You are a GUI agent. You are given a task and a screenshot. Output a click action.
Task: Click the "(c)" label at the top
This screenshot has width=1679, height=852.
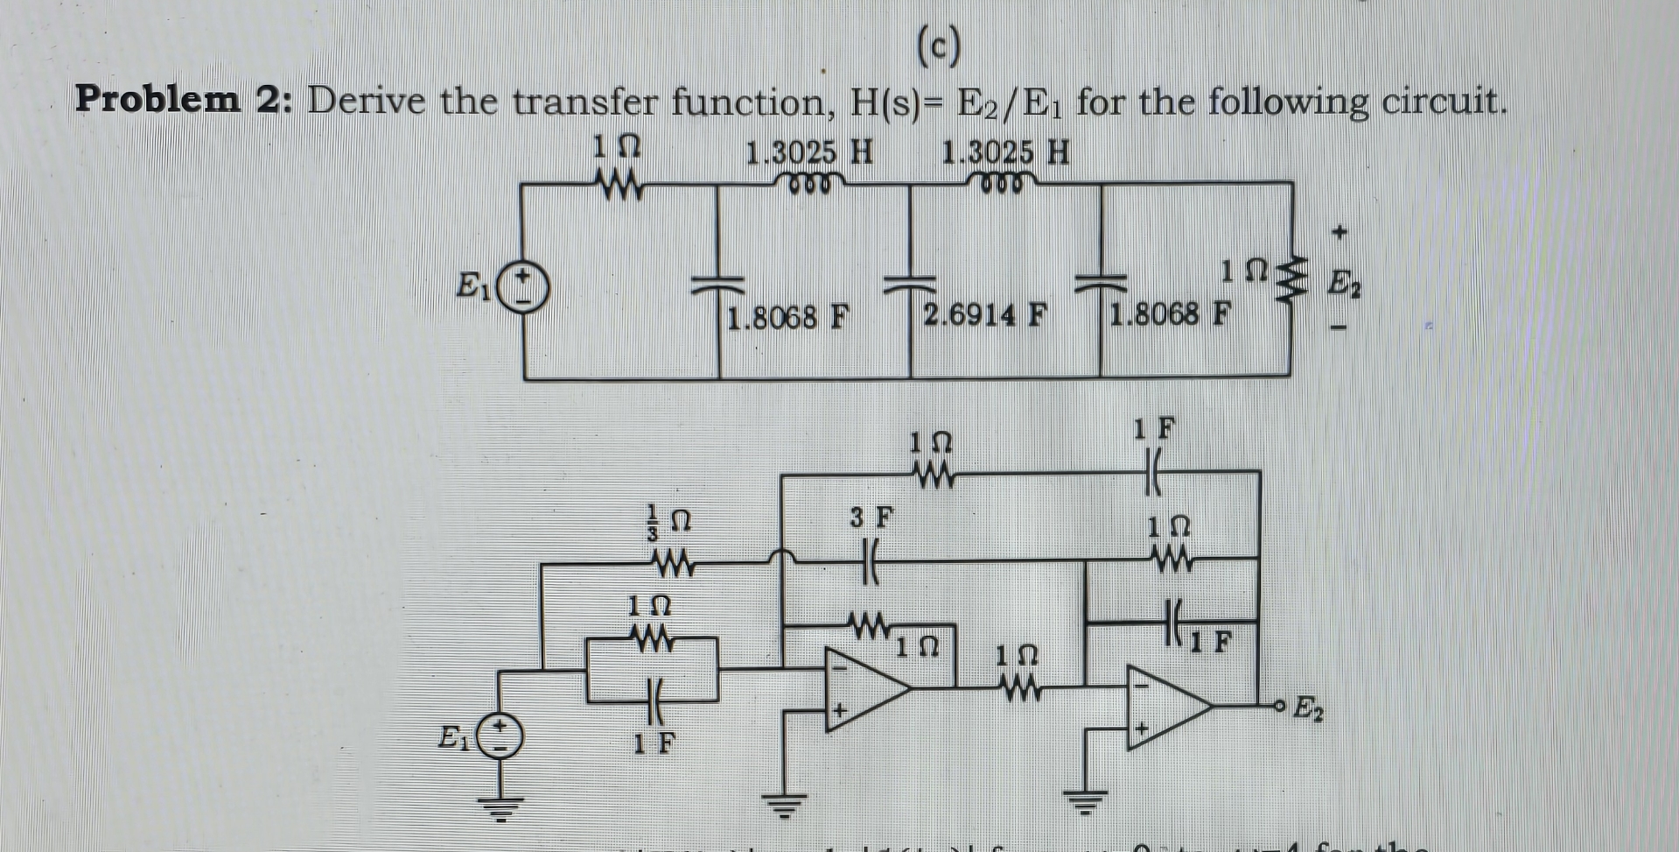(x=939, y=47)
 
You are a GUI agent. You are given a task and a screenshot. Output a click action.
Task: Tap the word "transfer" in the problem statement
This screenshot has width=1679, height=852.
(x=584, y=102)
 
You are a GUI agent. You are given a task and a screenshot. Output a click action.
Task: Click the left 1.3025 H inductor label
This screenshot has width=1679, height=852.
(x=809, y=152)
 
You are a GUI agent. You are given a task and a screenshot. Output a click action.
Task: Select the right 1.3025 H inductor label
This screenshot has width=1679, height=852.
(x=1005, y=152)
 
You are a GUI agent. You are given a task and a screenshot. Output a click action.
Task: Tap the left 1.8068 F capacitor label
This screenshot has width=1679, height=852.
(x=788, y=315)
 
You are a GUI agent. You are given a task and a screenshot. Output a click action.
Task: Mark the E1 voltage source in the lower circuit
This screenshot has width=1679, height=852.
(x=500, y=736)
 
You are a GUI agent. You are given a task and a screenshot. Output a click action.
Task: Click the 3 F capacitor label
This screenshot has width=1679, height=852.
(x=872, y=518)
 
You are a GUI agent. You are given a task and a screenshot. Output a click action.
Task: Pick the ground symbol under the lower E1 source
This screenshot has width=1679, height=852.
(x=500, y=807)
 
